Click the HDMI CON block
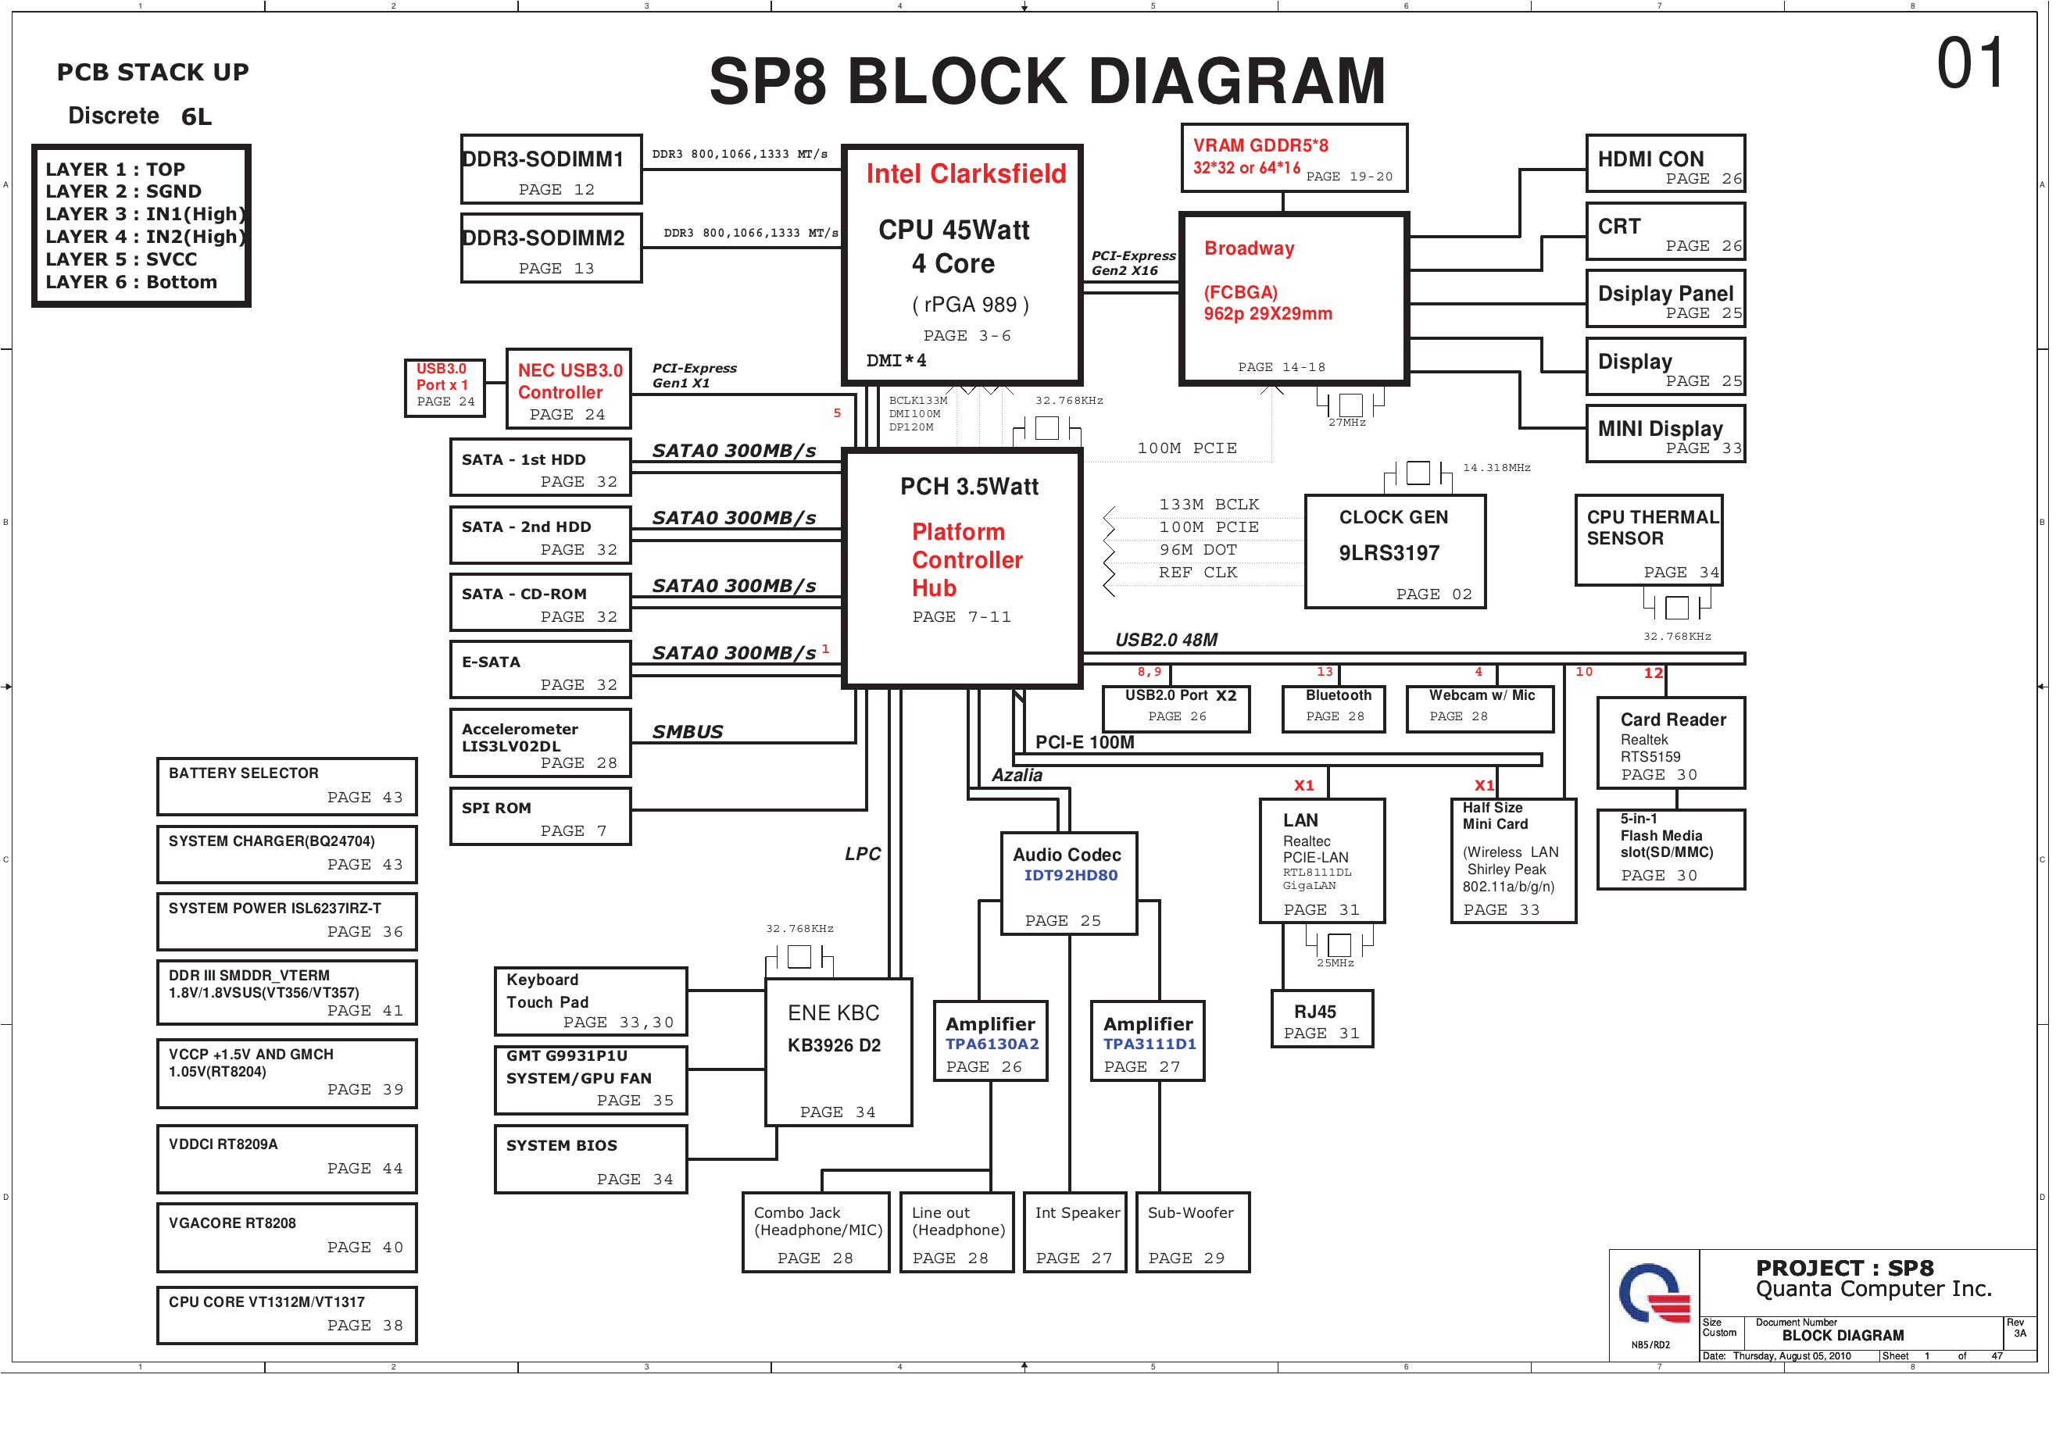click(x=1664, y=164)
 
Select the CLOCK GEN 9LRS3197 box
click(x=1394, y=552)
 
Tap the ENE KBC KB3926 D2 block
click(x=838, y=1052)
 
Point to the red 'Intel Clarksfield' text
click(x=965, y=173)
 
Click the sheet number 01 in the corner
click(x=1969, y=65)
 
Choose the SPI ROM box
click(x=540, y=816)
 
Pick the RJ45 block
click(x=1321, y=1019)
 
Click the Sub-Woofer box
click(x=1192, y=1232)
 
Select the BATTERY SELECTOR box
click(x=287, y=786)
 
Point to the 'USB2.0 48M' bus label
click(x=1166, y=640)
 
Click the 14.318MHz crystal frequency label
click(x=1496, y=467)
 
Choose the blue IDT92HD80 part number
click(x=1070, y=876)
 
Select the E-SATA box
click(x=540, y=669)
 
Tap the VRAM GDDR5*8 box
click(x=1293, y=159)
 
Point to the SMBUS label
click(x=687, y=732)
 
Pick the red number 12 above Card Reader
click(x=1653, y=673)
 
